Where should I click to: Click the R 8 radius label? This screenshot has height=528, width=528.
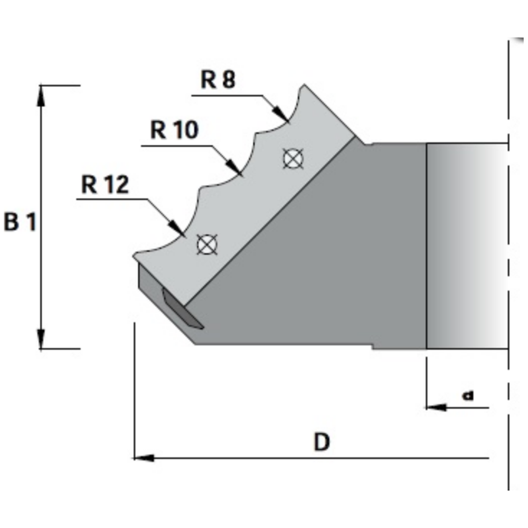tap(218, 81)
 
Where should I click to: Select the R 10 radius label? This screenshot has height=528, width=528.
tap(174, 129)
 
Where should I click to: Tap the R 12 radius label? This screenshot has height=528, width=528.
tap(105, 185)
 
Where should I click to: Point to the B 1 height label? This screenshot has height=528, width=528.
tap(20, 222)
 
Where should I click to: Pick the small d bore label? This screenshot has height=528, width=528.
tap(467, 394)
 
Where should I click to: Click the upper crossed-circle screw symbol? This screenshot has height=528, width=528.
tap(293, 158)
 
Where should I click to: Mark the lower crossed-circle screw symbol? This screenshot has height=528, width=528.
tap(206, 244)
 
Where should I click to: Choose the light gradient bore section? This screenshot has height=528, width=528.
tap(465, 246)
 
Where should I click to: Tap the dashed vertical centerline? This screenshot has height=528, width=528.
tap(508, 264)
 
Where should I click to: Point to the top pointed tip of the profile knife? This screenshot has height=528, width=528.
tap(304, 85)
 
